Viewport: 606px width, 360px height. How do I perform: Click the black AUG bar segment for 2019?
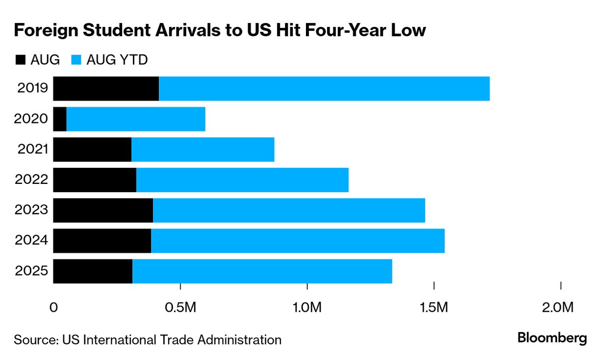tap(106, 89)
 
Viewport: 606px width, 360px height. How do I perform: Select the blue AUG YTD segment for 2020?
tap(136, 119)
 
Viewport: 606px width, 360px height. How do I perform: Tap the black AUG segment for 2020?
tap(60, 119)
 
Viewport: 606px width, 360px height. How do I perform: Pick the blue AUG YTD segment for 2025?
tap(262, 271)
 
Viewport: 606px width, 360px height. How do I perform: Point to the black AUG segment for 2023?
tap(103, 210)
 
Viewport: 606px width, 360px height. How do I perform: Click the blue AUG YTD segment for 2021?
tap(202, 150)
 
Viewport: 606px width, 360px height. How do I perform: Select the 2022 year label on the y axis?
tap(32, 180)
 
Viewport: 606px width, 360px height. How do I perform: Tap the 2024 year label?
tap(32, 241)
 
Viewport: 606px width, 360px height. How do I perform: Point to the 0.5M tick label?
tap(181, 308)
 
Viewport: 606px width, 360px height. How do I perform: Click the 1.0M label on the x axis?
tap(307, 308)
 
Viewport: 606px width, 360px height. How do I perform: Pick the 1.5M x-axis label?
tap(434, 308)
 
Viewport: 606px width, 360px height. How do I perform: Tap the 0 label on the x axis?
tap(54, 308)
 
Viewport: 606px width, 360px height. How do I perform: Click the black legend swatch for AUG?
tap(20, 60)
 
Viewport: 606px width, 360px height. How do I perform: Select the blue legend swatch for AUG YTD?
tap(76, 60)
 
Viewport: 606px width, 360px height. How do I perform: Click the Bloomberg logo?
tap(552, 338)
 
